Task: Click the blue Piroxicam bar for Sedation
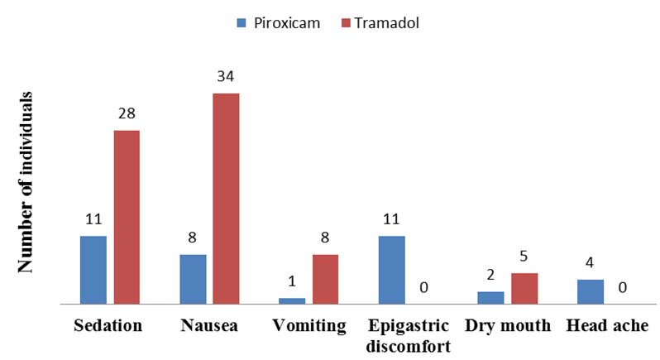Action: click(x=93, y=270)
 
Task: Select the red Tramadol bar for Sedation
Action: click(x=127, y=217)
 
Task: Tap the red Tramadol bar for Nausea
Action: click(x=226, y=199)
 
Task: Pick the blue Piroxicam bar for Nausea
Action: click(x=193, y=279)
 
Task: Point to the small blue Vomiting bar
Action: click(x=292, y=300)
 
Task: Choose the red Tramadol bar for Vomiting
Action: click(x=325, y=279)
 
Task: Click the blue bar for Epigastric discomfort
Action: click(x=391, y=270)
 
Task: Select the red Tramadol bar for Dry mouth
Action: click(x=524, y=288)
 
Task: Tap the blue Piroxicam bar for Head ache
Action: click(x=590, y=291)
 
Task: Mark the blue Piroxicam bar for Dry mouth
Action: click(x=490, y=297)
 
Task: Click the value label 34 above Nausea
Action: click(x=226, y=77)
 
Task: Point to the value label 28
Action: click(x=127, y=114)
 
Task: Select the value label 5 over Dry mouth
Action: click(x=524, y=257)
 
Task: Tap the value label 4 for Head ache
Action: click(x=590, y=263)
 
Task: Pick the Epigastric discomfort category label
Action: click(x=408, y=334)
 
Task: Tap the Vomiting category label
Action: click(x=308, y=326)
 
